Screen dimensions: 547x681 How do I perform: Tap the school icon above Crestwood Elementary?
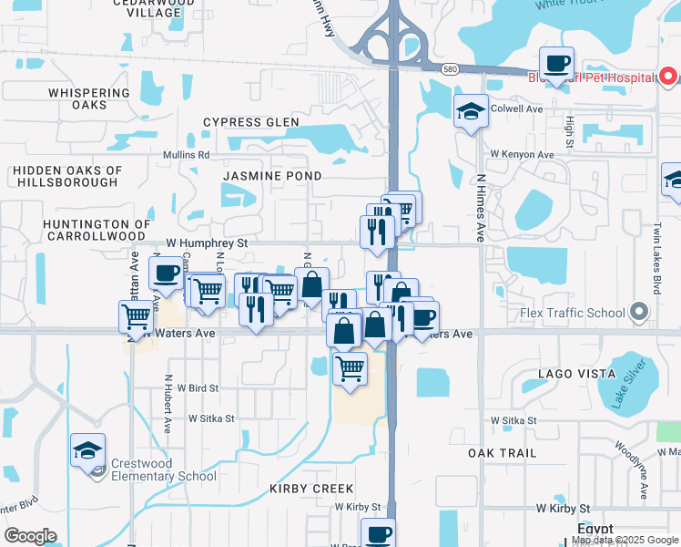pos(87,450)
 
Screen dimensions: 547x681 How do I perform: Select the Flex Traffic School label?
pos(574,313)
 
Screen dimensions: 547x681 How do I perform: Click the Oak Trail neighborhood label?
pos(502,453)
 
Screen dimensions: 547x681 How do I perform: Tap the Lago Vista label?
pos(544,374)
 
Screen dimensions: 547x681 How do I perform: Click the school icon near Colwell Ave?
pos(470,111)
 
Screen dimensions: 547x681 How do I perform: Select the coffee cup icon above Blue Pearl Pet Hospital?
pos(556,64)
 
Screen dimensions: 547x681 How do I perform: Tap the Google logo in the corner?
pos(30,536)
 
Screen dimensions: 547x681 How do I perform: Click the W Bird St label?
pos(198,387)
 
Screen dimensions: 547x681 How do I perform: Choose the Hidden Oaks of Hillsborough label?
pos(67,176)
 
